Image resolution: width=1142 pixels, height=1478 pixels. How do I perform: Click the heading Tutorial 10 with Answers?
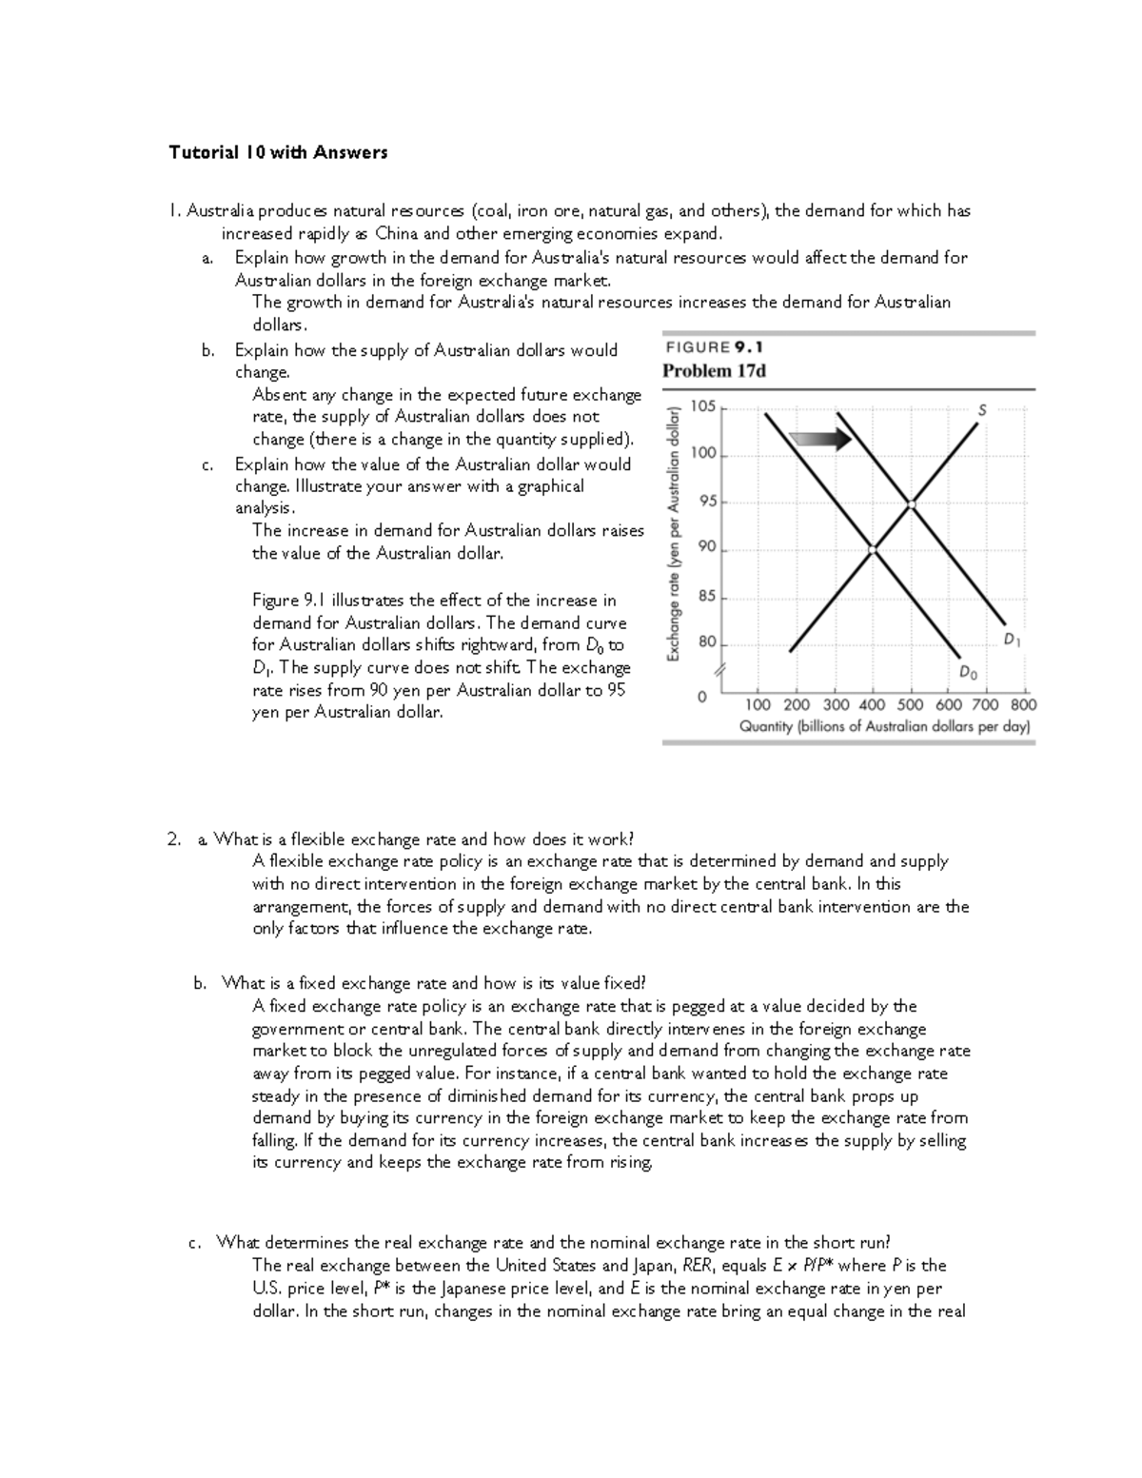tap(278, 152)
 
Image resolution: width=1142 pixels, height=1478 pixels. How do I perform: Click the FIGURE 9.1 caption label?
tap(714, 347)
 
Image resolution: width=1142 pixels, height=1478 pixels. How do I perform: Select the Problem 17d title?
tap(714, 371)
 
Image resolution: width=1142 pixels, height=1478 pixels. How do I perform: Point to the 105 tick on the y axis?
tap(703, 406)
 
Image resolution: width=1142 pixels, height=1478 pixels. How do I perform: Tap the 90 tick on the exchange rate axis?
tap(706, 546)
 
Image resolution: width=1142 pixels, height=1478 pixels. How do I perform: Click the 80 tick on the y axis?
tap(706, 642)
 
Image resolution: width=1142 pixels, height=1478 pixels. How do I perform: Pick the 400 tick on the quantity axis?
tap(872, 705)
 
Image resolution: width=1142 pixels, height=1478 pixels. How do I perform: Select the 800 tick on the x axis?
tap(1024, 705)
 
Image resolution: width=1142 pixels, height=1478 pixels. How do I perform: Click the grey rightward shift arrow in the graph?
tap(820, 439)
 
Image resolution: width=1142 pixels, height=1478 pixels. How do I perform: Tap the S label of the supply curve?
tap(983, 409)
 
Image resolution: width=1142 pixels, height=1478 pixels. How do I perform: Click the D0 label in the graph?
tap(968, 673)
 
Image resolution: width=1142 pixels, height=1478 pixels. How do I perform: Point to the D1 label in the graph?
tap(1013, 640)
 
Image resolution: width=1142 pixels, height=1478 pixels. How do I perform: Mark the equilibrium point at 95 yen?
tap(911, 504)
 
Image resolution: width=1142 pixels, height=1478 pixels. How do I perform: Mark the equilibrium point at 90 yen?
tap(873, 549)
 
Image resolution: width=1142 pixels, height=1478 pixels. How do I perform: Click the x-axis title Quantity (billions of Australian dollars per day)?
tap(885, 726)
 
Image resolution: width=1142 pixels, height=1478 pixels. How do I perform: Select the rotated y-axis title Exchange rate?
tap(673, 533)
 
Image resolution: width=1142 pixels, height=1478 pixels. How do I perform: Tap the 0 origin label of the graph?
tap(702, 698)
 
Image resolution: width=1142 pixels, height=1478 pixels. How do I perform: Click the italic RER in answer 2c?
tap(698, 1266)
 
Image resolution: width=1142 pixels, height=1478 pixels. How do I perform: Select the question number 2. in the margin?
tap(173, 839)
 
